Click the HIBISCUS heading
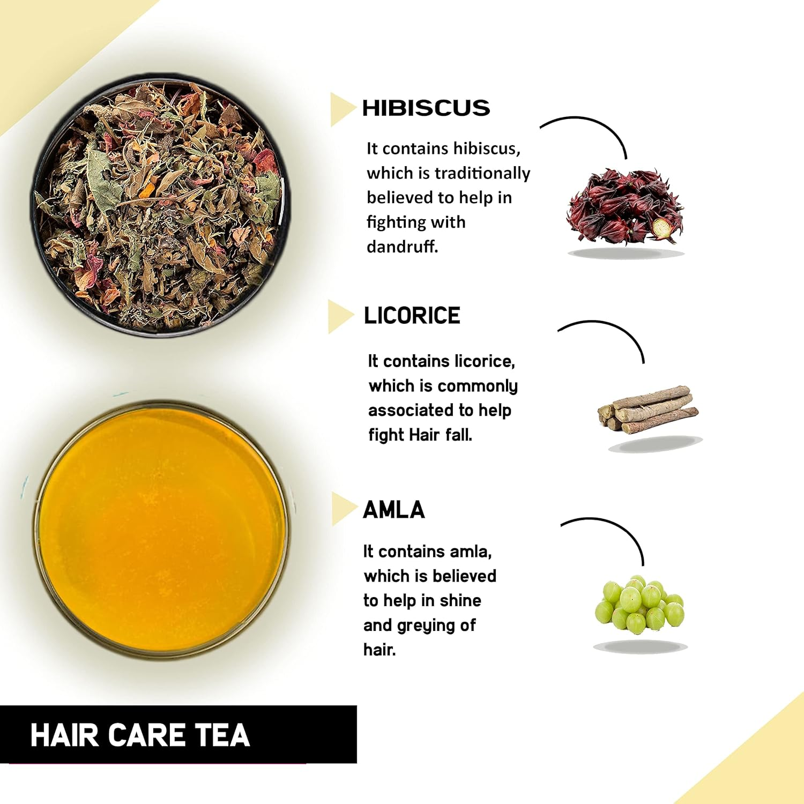click(426, 108)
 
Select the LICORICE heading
click(412, 316)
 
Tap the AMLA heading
click(394, 510)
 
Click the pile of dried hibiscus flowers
click(626, 206)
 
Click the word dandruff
click(402, 247)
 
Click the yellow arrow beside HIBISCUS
click(341, 109)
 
